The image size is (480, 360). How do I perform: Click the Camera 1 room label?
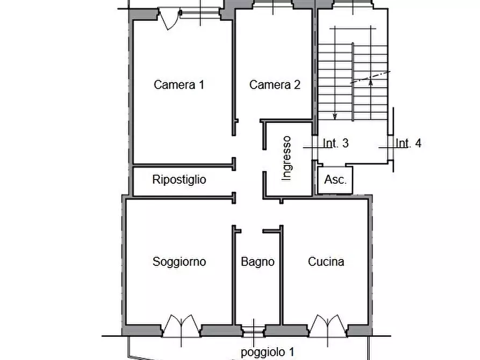pos(179,84)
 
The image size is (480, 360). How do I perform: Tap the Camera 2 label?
pos(275,84)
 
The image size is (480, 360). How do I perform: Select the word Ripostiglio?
pos(179,179)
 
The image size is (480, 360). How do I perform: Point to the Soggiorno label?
pos(179,262)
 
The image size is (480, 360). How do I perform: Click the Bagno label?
pos(257,262)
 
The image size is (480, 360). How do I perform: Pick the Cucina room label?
pos(326,262)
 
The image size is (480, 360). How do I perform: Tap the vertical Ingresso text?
pos(287,158)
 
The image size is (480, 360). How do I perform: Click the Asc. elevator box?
pos(335,179)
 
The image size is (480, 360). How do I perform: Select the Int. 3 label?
pos(336,143)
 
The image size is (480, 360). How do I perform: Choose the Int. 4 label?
pos(409,143)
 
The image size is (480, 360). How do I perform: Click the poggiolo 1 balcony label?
pos(267,352)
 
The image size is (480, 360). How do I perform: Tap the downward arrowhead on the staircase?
pos(335,116)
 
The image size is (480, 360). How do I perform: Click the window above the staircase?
pos(350,5)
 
